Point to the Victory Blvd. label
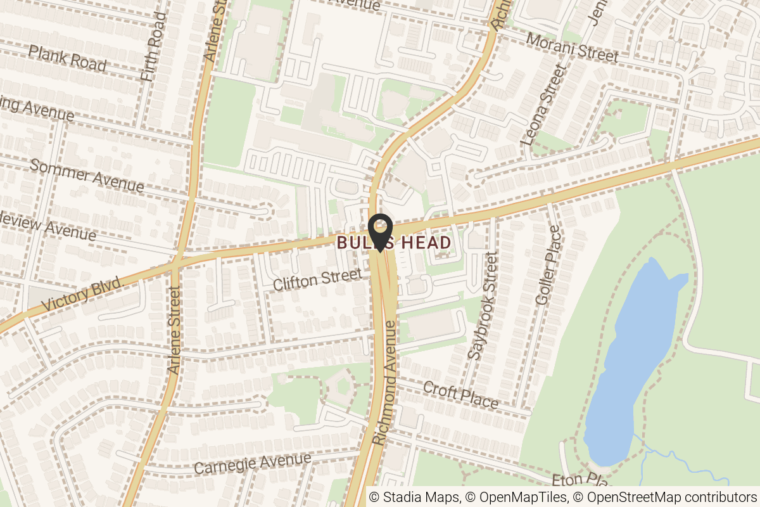pyautogui.click(x=82, y=296)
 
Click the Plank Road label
pyautogui.click(x=67, y=58)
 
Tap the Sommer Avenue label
pyautogui.click(x=87, y=176)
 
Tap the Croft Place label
pyautogui.click(x=460, y=394)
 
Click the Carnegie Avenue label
pyautogui.click(x=252, y=464)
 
